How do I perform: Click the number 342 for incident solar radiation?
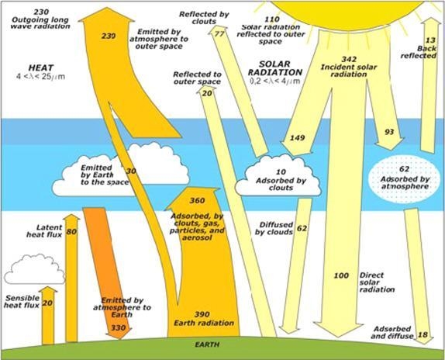pos(349,59)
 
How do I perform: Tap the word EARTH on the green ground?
pos(207,344)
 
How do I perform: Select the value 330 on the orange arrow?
pos(119,328)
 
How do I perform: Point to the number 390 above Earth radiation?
pos(202,314)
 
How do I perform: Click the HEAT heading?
pos(41,67)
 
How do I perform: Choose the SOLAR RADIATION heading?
pos(275,68)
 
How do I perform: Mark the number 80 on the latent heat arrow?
pos(71,232)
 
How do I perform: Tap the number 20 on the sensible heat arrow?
pos(48,303)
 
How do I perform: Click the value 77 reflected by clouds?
pos(219,34)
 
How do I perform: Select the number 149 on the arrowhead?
pos(297,138)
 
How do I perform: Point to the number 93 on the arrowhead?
pos(389,132)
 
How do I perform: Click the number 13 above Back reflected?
pos(430,40)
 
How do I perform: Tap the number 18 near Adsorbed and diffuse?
pos(423,334)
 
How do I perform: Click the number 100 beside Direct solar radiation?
pos(341,275)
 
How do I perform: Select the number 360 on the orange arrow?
pos(197,201)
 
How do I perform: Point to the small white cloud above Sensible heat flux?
pos(35,269)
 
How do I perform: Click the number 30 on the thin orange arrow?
pos(131,171)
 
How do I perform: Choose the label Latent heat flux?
pos(44,231)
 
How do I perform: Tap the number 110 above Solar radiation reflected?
pos(272,19)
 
